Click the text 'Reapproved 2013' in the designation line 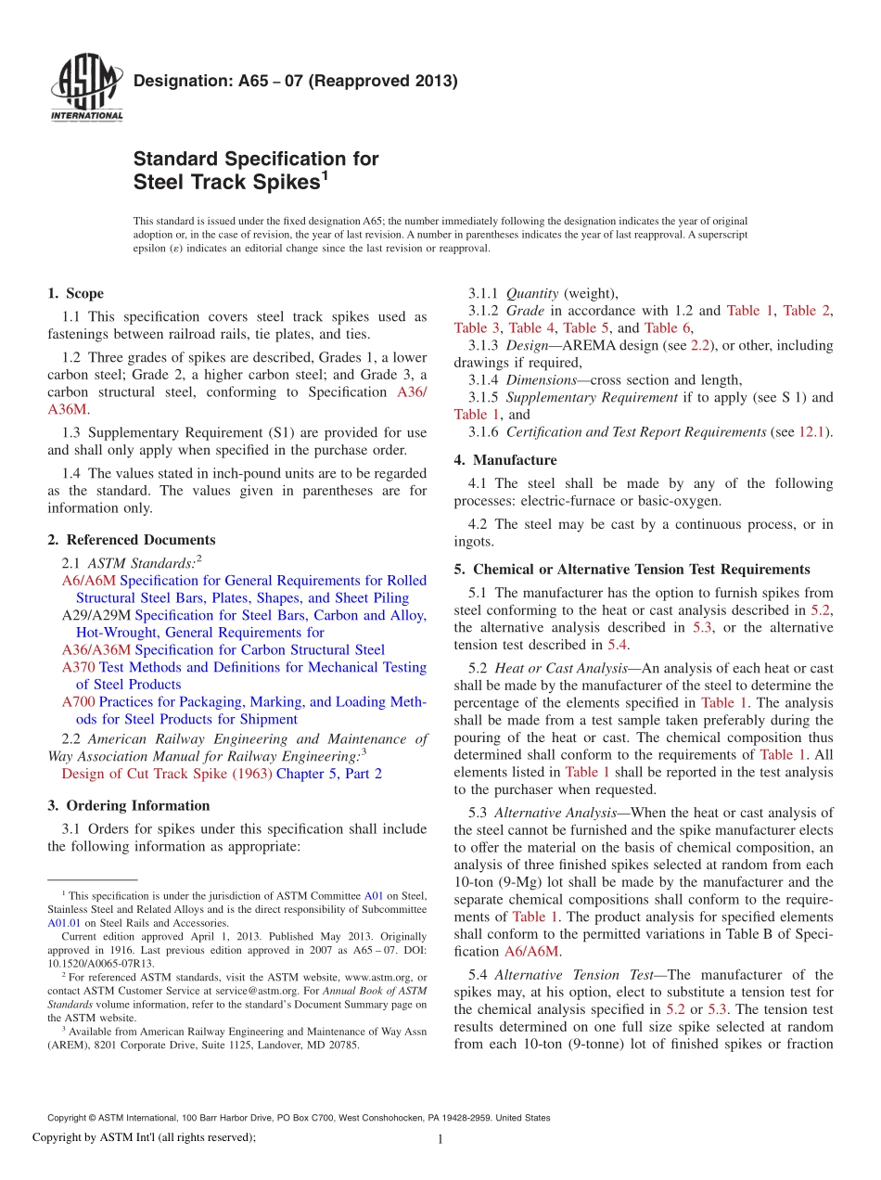pyautogui.click(x=390, y=81)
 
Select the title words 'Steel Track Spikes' pyautogui.click(x=226, y=183)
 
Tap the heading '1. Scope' pyautogui.click(x=75, y=294)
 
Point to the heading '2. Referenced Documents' pyautogui.click(x=131, y=540)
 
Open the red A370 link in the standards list pyautogui.click(x=79, y=667)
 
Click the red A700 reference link pyautogui.click(x=79, y=702)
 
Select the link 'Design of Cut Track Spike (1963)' pyautogui.click(x=167, y=774)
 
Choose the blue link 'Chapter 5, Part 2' pyautogui.click(x=329, y=774)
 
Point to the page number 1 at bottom pyautogui.click(x=440, y=1140)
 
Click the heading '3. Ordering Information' pyautogui.click(x=128, y=805)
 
